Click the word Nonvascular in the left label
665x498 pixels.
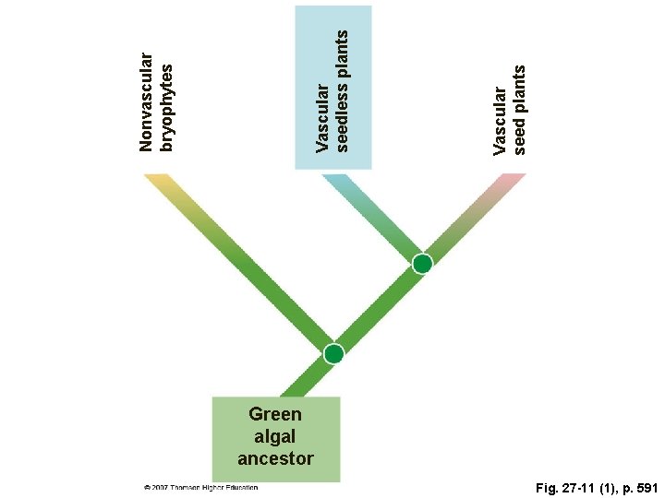click(x=145, y=101)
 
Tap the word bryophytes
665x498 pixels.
click(x=166, y=108)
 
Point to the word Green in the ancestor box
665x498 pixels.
click(x=275, y=414)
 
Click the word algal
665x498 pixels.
click(x=275, y=436)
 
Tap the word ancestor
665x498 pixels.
click(x=275, y=458)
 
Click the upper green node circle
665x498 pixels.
click(x=422, y=264)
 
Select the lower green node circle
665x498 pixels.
click(x=333, y=353)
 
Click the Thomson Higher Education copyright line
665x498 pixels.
click(x=200, y=488)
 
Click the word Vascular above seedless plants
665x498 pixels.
click(x=322, y=117)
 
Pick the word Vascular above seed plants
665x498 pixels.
click(x=500, y=121)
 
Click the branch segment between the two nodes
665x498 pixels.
click(x=378, y=309)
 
